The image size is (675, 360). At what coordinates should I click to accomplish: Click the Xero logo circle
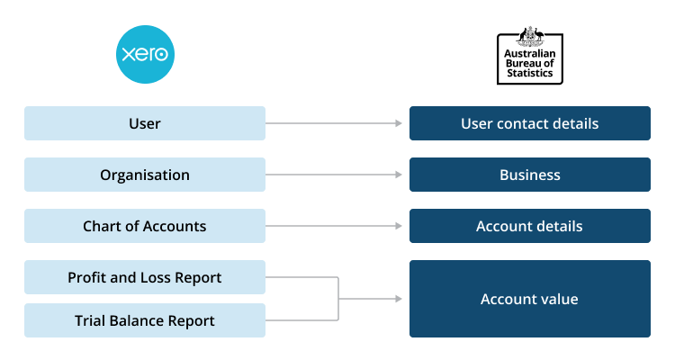click(145, 55)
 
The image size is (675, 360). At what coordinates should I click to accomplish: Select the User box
click(145, 123)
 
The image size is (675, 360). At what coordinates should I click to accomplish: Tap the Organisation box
click(145, 175)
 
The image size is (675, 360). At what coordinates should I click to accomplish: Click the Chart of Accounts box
click(145, 226)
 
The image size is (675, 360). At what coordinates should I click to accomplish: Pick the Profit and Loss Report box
click(145, 277)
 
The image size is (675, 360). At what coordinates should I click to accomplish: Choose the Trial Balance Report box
click(145, 320)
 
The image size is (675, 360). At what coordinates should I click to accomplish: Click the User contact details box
click(529, 123)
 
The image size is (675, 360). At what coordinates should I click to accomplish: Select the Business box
click(529, 175)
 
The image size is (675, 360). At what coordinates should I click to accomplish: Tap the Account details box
click(529, 226)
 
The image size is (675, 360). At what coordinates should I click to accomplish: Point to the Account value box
click(529, 299)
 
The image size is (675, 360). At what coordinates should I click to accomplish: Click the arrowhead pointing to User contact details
click(398, 123)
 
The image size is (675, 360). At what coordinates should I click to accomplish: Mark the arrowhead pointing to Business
click(398, 175)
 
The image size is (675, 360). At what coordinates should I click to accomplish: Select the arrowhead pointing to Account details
click(398, 226)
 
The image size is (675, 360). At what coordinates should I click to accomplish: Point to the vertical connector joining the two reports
click(338, 299)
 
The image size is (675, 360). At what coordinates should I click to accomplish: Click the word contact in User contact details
click(523, 123)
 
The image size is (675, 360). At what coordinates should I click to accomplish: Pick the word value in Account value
click(559, 299)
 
